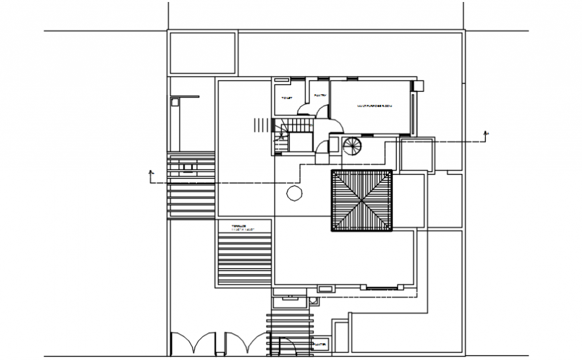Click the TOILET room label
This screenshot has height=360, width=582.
(287, 98)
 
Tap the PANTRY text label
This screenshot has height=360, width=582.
(320, 96)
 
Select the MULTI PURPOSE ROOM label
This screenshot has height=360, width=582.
(373, 106)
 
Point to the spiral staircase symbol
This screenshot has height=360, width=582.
(353, 145)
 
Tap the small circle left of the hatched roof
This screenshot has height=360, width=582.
(293, 194)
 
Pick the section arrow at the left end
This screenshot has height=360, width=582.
(151, 175)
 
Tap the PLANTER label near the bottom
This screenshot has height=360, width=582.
(320, 345)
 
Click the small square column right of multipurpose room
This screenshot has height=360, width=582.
(418, 86)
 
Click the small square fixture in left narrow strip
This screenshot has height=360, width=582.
(175, 102)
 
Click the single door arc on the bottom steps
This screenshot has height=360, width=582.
(290, 345)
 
